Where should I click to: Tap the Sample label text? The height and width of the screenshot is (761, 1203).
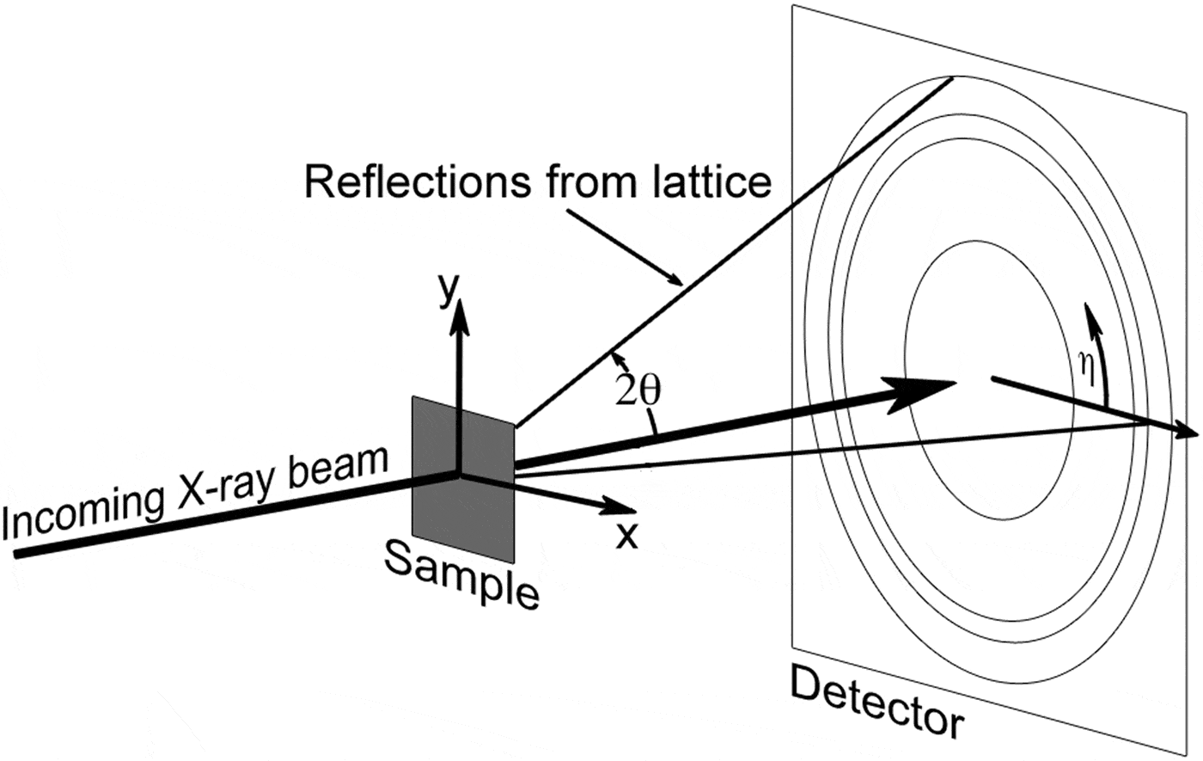(461, 577)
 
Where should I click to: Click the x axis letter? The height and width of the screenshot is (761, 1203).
(628, 535)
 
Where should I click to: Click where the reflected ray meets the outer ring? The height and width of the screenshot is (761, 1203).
(952, 79)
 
